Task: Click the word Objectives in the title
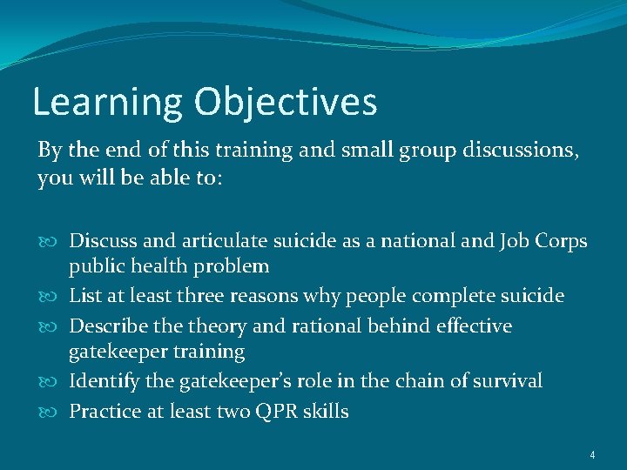(286, 102)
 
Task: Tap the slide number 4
(591, 454)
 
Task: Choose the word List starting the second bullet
(84, 296)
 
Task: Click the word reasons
(263, 296)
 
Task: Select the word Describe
(108, 326)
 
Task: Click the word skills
(326, 411)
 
